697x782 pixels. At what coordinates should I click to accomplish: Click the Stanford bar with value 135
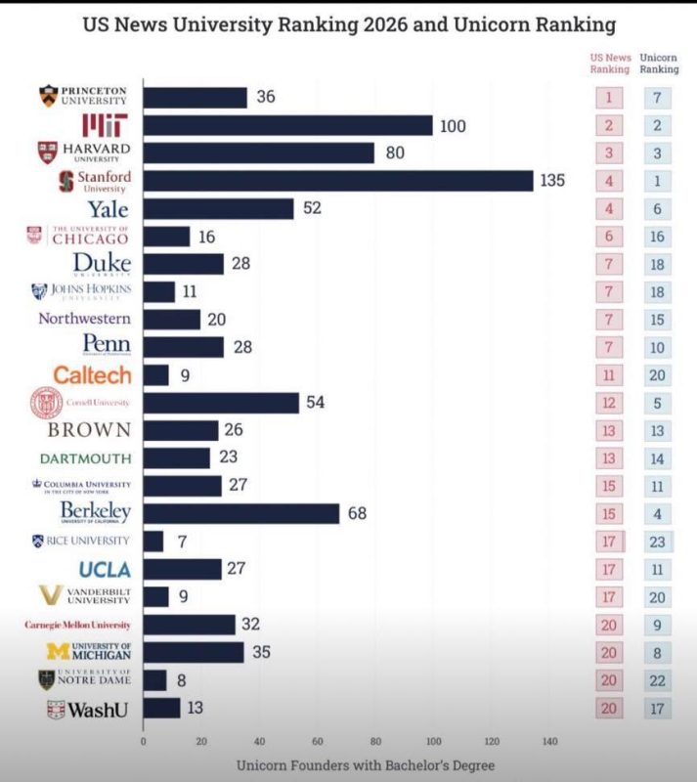click(338, 181)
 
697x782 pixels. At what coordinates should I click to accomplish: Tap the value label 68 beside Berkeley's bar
click(358, 513)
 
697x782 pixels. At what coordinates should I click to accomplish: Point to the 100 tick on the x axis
click(433, 741)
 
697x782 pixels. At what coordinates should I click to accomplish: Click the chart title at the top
click(348, 22)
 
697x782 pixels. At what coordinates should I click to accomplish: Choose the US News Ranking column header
click(610, 64)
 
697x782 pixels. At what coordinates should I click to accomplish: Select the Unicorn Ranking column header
click(658, 64)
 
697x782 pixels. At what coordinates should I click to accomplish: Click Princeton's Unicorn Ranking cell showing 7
click(658, 98)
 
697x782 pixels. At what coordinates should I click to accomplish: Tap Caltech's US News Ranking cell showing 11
click(610, 374)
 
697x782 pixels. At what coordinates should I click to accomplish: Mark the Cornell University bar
click(221, 403)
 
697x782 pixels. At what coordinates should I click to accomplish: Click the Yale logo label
click(109, 208)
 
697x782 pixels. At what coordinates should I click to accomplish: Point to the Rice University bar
click(153, 541)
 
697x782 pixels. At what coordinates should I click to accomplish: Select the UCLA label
click(105, 569)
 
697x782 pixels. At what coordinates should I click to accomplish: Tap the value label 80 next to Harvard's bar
click(392, 153)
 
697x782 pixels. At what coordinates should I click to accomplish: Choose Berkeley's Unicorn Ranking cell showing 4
click(658, 513)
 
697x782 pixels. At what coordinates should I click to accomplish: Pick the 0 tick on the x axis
click(144, 741)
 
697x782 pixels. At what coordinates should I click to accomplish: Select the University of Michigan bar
click(194, 652)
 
